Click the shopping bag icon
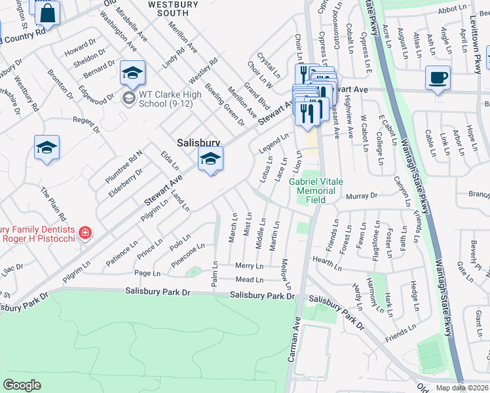[48, 12]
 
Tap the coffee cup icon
[436, 77]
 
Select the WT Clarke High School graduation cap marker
[132, 73]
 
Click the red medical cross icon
[84, 233]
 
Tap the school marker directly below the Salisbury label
[210, 159]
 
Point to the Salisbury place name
[198, 142]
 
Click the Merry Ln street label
[250, 267]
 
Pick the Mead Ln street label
[249, 280]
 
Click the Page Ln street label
[143, 272]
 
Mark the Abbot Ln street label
[451, 10]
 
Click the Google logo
[22, 385]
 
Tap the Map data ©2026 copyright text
[462, 388]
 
